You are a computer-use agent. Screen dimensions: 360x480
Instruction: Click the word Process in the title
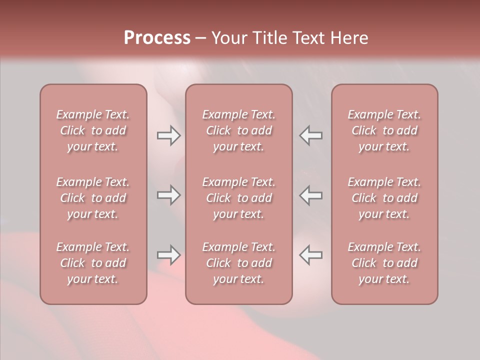point(157,38)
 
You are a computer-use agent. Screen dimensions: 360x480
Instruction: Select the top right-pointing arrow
point(168,136)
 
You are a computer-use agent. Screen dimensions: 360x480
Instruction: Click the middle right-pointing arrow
point(168,195)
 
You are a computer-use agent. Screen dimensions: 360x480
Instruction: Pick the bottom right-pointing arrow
point(168,255)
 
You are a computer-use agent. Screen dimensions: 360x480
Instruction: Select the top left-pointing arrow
point(310,136)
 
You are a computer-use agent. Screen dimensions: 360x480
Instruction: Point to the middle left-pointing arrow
point(310,195)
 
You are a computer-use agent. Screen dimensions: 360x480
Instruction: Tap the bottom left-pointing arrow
point(310,255)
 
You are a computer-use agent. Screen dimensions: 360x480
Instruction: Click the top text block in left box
point(93,130)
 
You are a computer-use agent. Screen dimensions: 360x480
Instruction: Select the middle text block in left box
point(93,198)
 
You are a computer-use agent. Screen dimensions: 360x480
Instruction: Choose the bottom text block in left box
point(93,263)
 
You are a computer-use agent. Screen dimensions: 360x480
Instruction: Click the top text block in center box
point(238,130)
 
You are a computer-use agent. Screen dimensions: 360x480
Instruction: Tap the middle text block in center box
point(238,198)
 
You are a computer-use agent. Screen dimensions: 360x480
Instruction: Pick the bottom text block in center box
point(238,263)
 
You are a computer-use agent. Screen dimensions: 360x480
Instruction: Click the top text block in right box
point(384,130)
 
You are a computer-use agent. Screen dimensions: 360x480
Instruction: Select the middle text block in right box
point(384,198)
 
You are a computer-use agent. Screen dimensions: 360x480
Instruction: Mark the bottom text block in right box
point(384,263)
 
